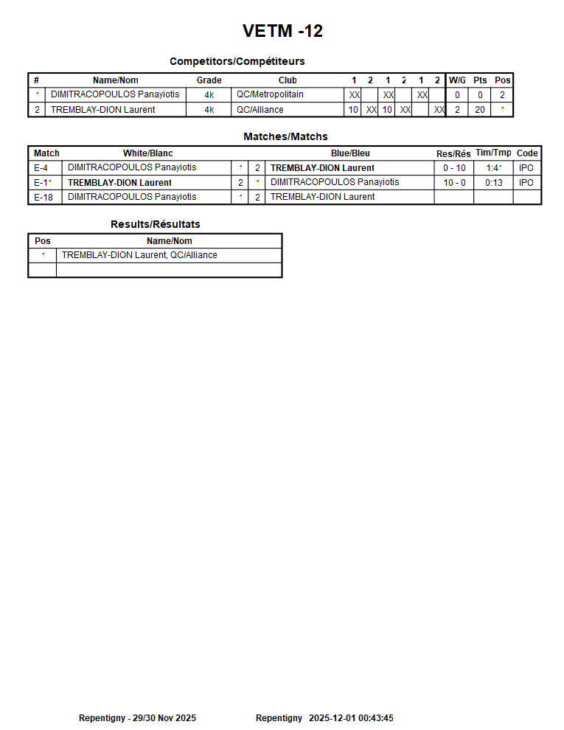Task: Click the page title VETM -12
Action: [x=282, y=31]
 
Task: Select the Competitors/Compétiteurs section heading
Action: [x=237, y=61]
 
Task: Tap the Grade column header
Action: [x=209, y=80]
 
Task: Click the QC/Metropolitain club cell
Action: [x=270, y=94]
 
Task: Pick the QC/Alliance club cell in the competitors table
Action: [x=260, y=110]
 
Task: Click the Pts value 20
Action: [x=480, y=110]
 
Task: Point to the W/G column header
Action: [x=457, y=80]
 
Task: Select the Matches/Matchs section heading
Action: [x=285, y=136]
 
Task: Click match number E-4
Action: [x=41, y=168]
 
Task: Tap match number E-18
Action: [x=43, y=197]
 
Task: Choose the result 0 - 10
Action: [x=454, y=168]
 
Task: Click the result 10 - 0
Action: [x=454, y=183]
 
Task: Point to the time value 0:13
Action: [x=494, y=183]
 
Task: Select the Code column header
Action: [x=527, y=153]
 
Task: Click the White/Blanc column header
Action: [x=147, y=153]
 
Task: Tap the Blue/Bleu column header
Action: [x=350, y=153]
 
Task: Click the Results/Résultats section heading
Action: [x=155, y=224]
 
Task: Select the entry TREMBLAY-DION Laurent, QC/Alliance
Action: [x=139, y=255]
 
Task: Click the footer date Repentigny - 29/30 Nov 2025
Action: [x=137, y=718]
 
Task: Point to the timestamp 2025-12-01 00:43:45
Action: [x=351, y=718]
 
